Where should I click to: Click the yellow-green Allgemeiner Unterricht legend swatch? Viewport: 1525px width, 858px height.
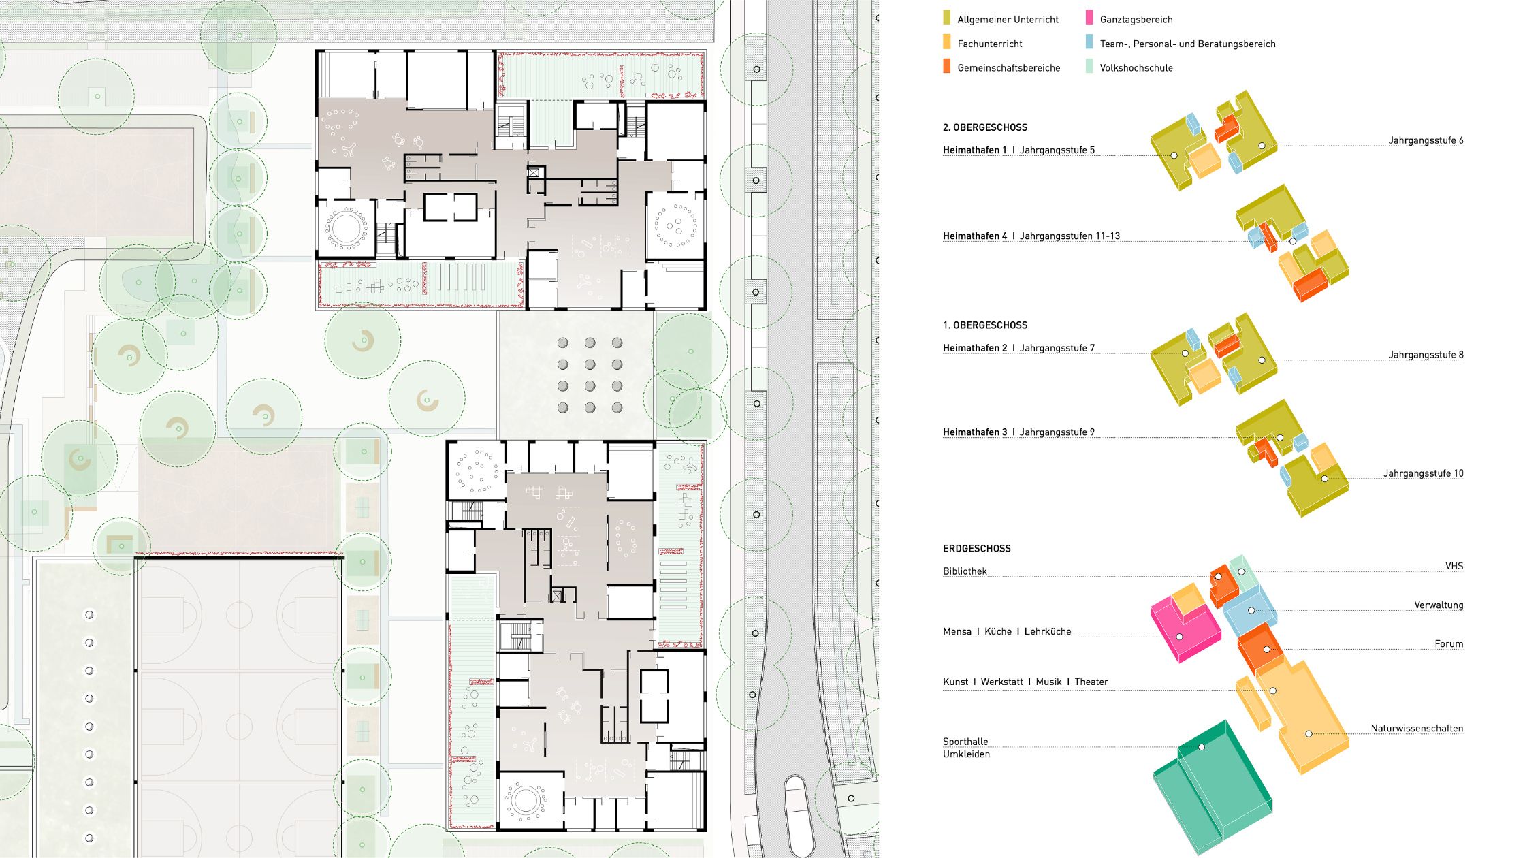tap(947, 18)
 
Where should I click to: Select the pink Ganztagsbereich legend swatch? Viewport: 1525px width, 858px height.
tap(1089, 18)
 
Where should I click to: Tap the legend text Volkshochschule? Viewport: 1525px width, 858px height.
tap(1136, 67)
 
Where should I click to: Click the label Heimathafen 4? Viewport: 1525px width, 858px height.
tap(975, 236)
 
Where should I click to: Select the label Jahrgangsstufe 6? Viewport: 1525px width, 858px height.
tap(1426, 140)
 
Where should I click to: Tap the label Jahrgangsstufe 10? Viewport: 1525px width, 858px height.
tap(1424, 473)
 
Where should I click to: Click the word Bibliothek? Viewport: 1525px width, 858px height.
tap(965, 571)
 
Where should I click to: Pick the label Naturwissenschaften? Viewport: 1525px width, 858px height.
tap(1417, 728)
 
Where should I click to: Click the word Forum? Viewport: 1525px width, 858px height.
tap(1449, 643)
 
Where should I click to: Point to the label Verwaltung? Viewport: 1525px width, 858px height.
tap(1439, 605)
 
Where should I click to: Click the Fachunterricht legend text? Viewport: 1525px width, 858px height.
tap(990, 44)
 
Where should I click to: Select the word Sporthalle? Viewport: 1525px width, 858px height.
tap(965, 742)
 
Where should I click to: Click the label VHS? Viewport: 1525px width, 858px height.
tap(1454, 566)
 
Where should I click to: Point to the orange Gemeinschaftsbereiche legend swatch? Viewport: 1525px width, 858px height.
tap(947, 66)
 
